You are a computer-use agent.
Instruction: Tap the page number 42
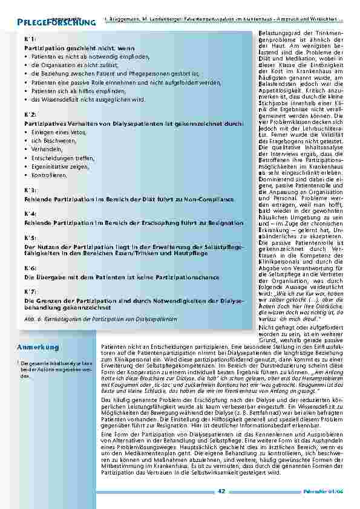221,492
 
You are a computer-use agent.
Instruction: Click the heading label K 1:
28,38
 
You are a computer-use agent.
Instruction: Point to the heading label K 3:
28,190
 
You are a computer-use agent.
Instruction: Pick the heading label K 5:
28,238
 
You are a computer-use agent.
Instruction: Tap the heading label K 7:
28,291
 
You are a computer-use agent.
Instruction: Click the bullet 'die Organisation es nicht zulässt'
73,64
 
